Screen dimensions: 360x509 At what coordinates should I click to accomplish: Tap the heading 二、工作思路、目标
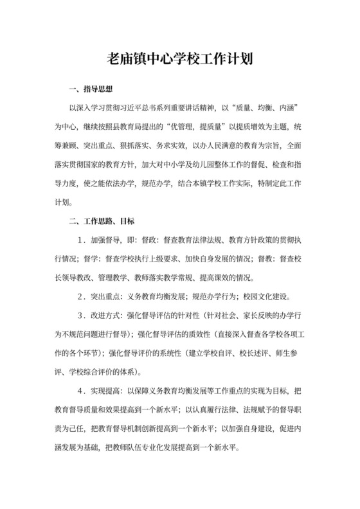pyautogui.click(x=101, y=222)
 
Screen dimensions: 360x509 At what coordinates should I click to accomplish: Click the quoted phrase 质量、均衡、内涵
pyautogui.click(x=265, y=105)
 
